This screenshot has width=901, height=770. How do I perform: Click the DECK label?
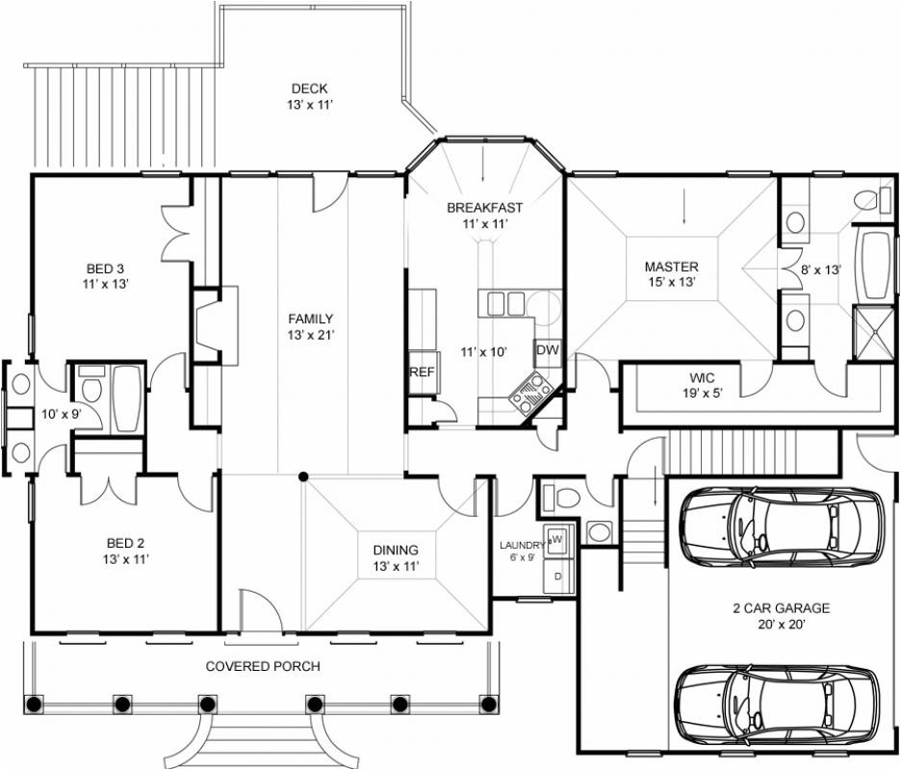coord(309,90)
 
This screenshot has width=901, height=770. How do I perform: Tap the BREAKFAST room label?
coord(484,208)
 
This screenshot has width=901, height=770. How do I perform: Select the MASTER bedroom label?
coord(671,267)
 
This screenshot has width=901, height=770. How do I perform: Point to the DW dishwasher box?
coord(546,350)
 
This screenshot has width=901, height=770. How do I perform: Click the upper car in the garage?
coord(780,523)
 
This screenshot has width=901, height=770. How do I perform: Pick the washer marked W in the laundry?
coord(556,540)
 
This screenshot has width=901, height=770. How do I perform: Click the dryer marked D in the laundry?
coord(557,576)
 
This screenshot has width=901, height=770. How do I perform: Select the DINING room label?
coord(396,551)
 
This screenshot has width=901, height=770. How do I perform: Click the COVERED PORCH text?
coord(263,666)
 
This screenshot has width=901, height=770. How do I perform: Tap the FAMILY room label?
coord(310,319)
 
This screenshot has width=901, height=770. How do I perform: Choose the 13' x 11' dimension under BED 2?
coord(126,558)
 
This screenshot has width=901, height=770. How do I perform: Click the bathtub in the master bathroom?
coord(874,265)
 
